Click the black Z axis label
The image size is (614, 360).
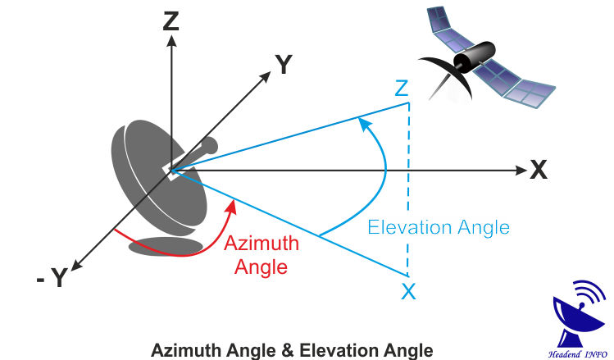point(171,20)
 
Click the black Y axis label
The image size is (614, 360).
point(284,65)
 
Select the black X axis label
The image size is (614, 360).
point(538,170)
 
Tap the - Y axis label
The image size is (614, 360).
point(50,278)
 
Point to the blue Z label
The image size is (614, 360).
point(401,89)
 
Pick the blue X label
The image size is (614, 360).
point(408,289)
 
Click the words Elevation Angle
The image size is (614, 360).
point(439,227)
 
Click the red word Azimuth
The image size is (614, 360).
point(262,244)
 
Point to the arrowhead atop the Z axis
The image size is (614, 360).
point(171,42)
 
